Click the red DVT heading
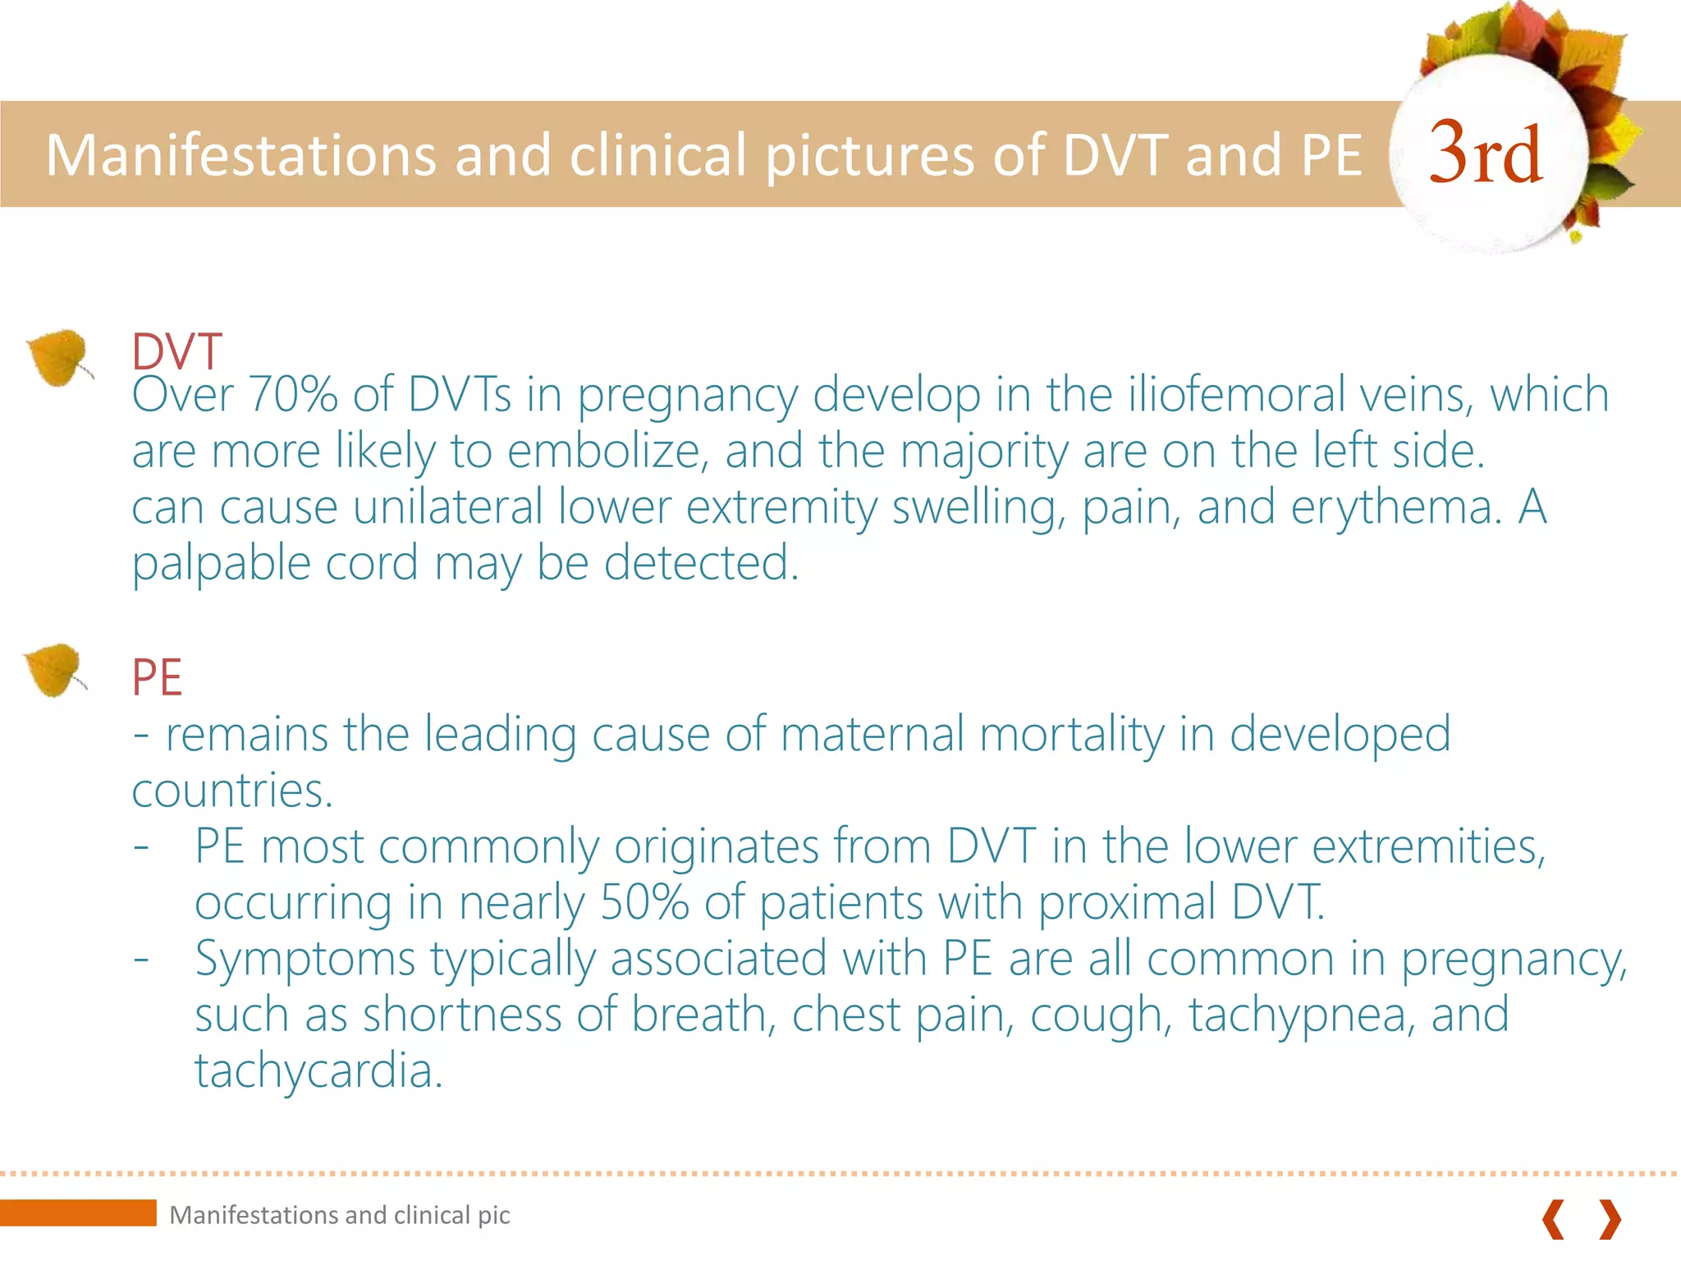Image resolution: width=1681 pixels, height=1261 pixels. (176, 351)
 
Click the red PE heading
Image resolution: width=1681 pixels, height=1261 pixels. (156, 678)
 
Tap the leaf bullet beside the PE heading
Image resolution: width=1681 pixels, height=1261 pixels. (54, 670)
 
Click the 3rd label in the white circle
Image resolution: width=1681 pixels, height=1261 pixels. (1486, 153)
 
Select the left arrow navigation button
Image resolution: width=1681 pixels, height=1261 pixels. (1553, 1218)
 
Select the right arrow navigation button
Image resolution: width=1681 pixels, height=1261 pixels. (1610, 1218)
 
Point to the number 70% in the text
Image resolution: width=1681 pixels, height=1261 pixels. (293, 394)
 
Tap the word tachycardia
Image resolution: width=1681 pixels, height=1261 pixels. (318, 1071)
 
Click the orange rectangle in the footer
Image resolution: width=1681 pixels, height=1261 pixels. (78, 1213)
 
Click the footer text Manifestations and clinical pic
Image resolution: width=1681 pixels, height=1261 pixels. (340, 1215)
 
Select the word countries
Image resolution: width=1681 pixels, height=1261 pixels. (232, 790)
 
